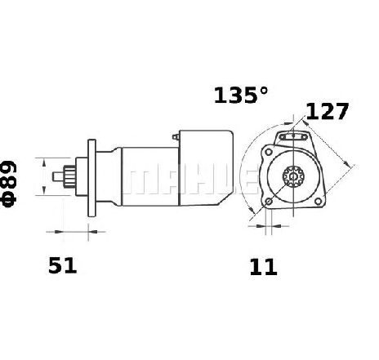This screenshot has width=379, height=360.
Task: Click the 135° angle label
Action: click(x=241, y=96)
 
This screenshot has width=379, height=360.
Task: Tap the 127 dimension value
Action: click(x=327, y=111)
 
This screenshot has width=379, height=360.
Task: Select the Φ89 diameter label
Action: click(x=9, y=184)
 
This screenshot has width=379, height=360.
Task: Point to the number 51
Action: click(x=62, y=265)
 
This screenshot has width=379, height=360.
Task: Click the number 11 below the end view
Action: click(x=263, y=267)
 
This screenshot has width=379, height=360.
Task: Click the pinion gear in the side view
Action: click(x=69, y=176)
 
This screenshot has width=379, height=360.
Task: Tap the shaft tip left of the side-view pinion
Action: click(x=58, y=176)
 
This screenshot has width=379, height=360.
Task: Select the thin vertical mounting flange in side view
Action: click(x=91, y=178)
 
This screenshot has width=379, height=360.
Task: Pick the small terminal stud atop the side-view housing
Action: click(x=176, y=137)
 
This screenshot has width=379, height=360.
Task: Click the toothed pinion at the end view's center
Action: click(x=293, y=176)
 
